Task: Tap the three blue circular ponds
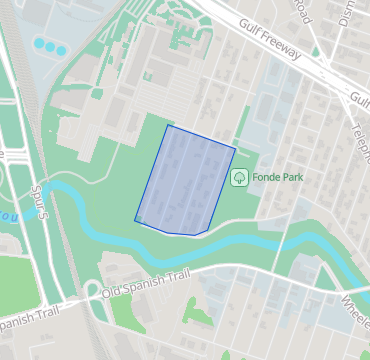coord(49,46)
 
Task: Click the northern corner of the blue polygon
coord(168,125)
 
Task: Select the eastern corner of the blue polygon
coord(236,149)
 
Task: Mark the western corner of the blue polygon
coord(135,219)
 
